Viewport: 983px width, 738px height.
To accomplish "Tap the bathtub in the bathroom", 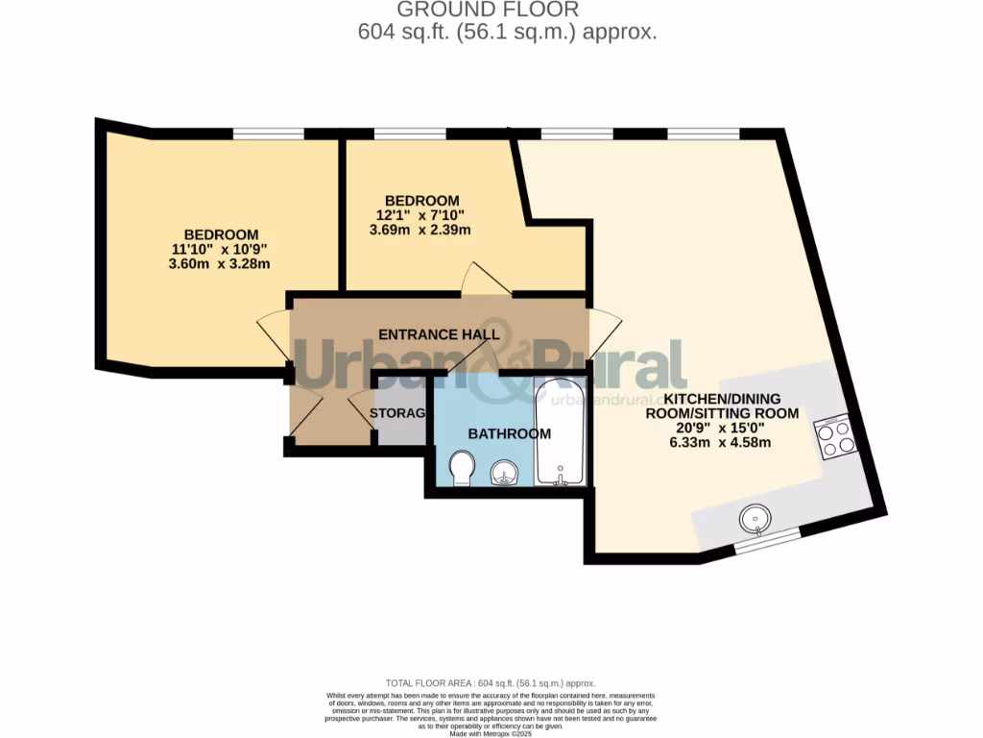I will [560, 432].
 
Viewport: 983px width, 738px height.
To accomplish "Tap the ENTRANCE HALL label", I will [439, 334].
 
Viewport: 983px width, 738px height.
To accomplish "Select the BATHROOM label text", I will [510, 434].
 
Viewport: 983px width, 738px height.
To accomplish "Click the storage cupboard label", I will [398, 413].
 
